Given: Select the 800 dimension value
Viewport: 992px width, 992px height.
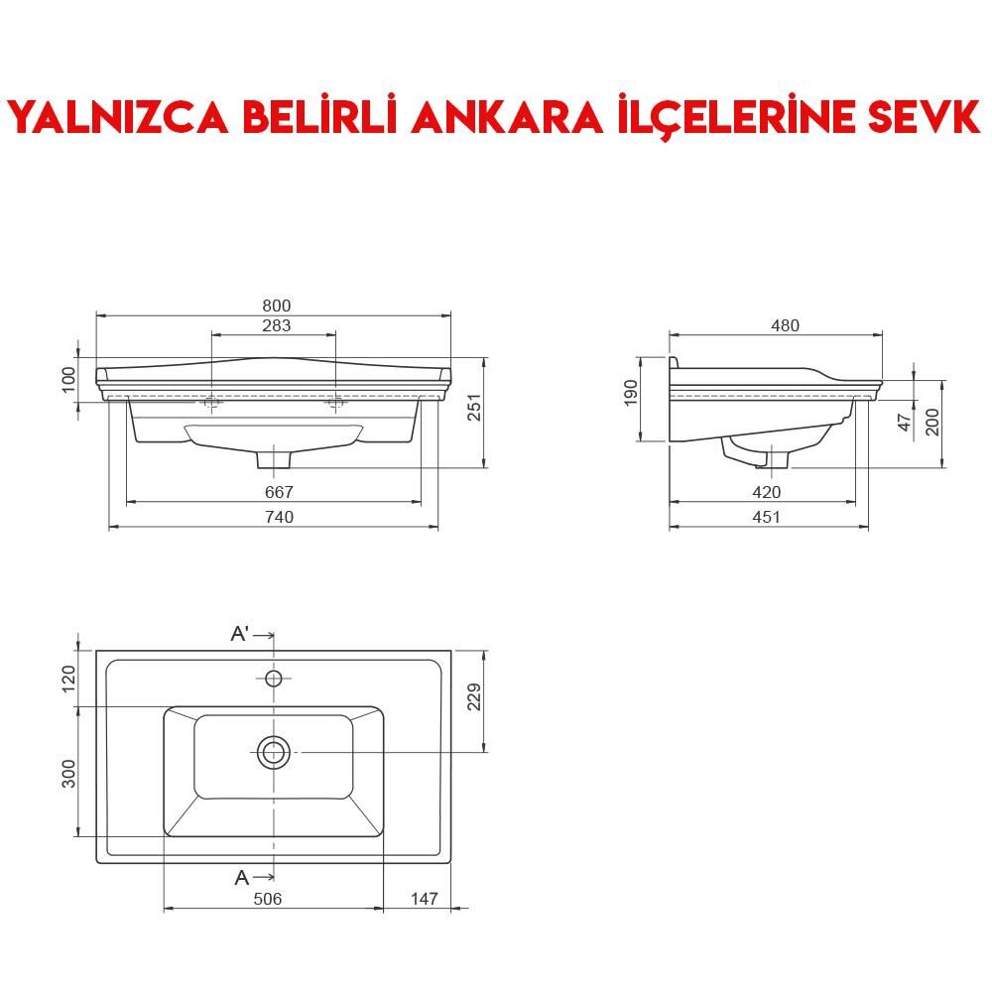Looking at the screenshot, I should [277, 307].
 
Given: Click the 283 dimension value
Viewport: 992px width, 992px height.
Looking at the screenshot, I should [277, 326].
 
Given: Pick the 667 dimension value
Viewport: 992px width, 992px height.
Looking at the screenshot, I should [280, 492].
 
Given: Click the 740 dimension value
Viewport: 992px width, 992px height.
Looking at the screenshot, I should [280, 517].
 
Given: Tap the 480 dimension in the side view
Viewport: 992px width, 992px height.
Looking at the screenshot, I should [784, 325].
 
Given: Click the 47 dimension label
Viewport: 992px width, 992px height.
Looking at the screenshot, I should [904, 421].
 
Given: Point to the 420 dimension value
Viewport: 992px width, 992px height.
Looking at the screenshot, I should [767, 492].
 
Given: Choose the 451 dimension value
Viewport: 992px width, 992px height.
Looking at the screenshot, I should [767, 517].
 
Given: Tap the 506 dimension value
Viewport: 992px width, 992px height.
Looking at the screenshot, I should [268, 899].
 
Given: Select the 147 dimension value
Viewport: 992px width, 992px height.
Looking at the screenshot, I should [424, 899].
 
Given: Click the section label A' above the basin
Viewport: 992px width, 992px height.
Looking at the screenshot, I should [240, 634].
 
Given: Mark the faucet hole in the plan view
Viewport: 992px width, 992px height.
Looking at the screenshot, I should [274, 679].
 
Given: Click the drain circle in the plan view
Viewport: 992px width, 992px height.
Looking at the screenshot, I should [274, 752].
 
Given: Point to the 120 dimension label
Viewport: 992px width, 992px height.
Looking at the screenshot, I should [68, 680].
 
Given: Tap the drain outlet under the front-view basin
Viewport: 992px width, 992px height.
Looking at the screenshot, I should [273, 459].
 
